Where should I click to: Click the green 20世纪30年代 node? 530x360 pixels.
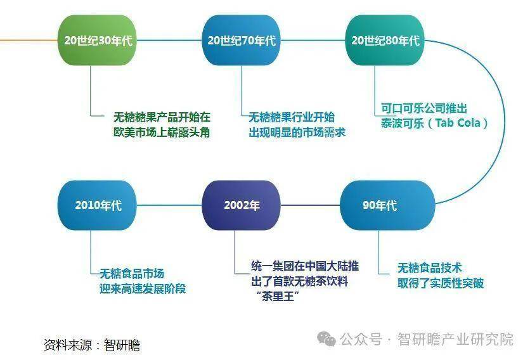[x=98, y=40]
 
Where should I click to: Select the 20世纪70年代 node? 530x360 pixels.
[x=242, y=40]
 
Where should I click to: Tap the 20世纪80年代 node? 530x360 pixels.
[x=385, y=40]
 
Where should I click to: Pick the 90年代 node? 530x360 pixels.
[x=387, y=205]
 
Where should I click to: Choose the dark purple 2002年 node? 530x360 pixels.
[x=242, y=205]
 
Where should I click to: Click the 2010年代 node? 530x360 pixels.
[x=98, y=205]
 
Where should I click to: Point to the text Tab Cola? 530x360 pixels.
[x=458, y=123]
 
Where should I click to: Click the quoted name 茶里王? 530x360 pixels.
[x=278, y=297]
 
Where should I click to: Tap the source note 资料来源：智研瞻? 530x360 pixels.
[x=91, y=345]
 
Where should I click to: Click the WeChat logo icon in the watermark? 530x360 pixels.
[x=326, y=338]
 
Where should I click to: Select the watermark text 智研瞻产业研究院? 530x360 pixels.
[x=455, y=339]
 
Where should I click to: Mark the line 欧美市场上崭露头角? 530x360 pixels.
[x=162, y=132]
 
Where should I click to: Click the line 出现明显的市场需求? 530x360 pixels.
[x=297, y=132]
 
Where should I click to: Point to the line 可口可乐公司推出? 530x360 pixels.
[x=424, y=108]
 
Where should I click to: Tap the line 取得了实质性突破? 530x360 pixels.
[x=441, y=283]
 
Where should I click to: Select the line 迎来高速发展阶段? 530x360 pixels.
[x=143, y=288]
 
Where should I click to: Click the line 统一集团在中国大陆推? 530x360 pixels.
[x=305, y=266]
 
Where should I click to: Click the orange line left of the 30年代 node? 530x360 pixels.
[x=29, y=40]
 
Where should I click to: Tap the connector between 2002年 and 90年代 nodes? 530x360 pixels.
[x=310, y=205]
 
